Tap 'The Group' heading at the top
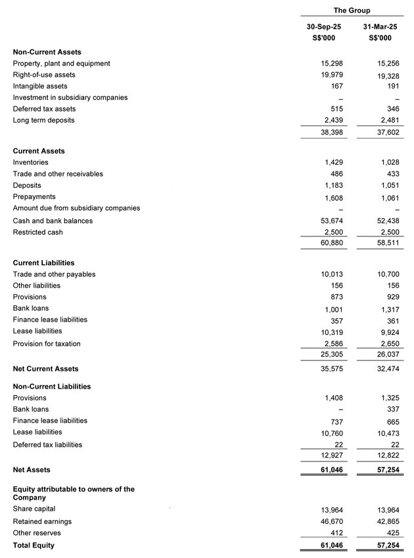pos(352,11)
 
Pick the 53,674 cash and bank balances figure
pos(330,221)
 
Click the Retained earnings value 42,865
pos(386,521)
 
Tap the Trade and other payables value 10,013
pos(330,274)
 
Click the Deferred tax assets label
pos(44,109)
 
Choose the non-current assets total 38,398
pos(330,132)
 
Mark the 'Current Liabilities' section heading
pos(43,263)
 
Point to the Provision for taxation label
pos(47,344)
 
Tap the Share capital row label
pos(34,509)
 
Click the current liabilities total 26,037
pos(386,355)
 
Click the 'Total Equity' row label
pos(34,546)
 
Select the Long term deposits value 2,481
pos(388,120)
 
